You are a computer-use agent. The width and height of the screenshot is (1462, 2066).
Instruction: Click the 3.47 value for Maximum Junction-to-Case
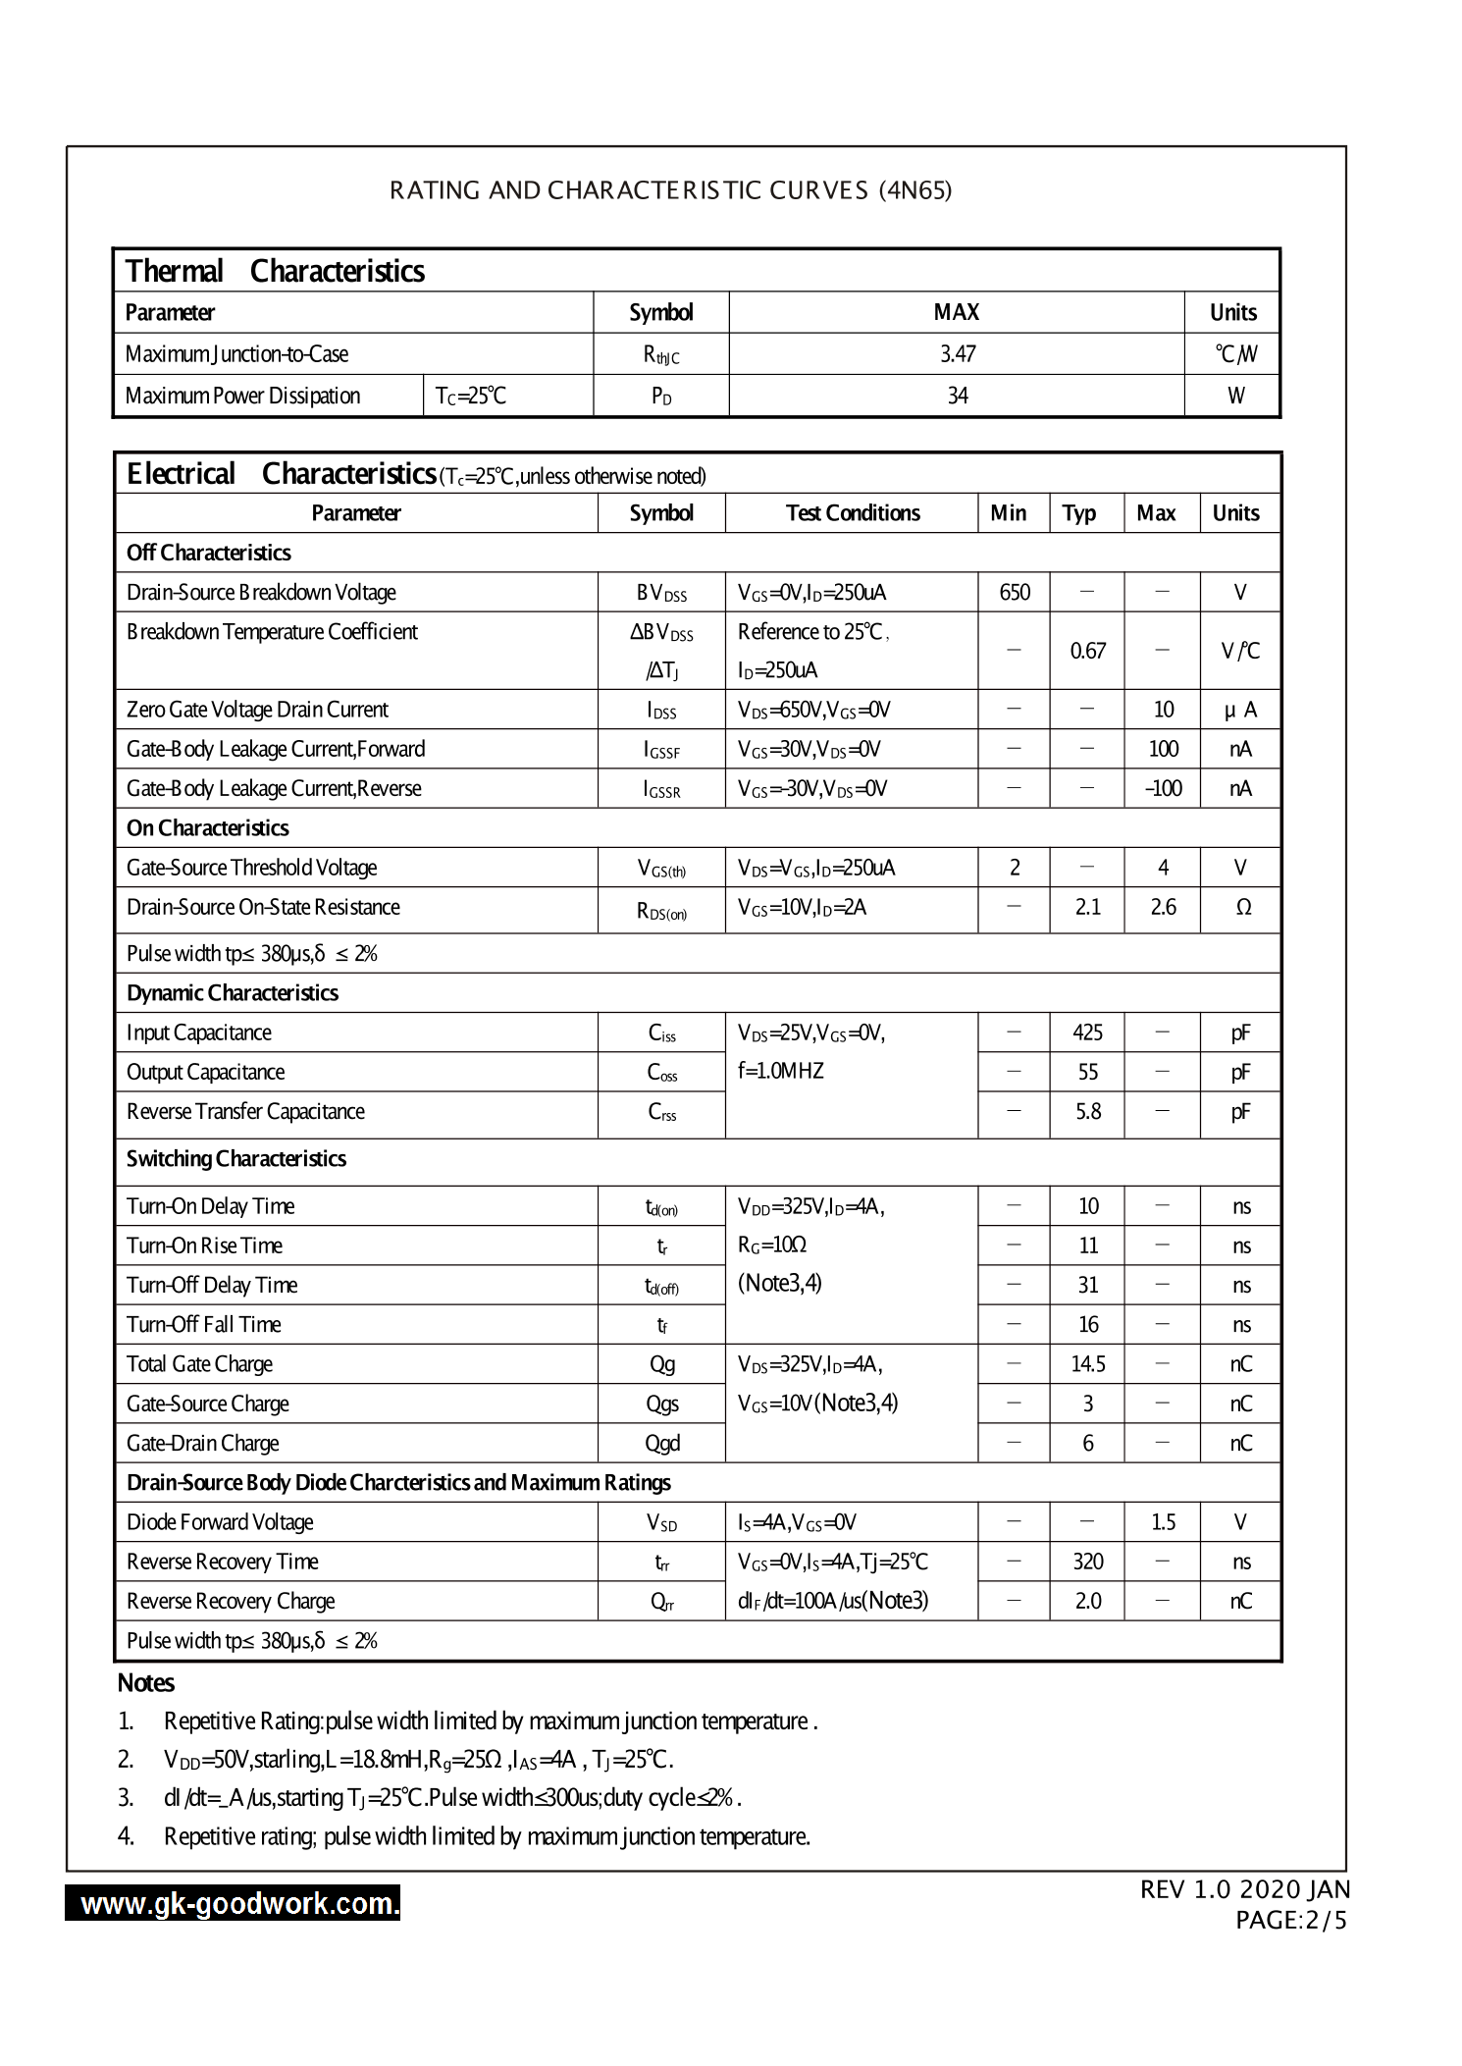coord(957,354)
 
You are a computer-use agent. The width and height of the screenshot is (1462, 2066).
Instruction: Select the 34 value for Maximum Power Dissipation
coord(957,396)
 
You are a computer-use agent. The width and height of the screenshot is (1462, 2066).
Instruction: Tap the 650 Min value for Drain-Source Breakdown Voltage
coord(1014,592)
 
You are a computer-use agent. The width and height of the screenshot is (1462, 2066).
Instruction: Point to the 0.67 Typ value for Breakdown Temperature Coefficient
coord(1087,651)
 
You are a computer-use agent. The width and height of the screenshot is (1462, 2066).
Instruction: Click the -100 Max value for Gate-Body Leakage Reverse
coord(1163,788)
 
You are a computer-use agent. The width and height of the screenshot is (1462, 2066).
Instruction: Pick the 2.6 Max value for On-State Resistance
coord(1163,907)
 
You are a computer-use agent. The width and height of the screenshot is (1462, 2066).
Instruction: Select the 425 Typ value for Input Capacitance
coord(1087,1033)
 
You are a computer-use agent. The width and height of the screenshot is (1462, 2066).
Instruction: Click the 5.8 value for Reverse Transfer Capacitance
coord(1087,1111)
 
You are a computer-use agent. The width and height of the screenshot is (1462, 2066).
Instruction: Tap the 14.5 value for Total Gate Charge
coord(1087,1364)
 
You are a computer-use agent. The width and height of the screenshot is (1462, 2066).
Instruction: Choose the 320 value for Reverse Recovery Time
coord(1087,1562)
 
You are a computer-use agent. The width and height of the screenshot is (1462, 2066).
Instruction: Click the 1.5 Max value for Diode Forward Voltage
coord(1163,1522)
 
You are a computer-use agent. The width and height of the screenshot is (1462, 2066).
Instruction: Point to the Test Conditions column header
coord(852,513)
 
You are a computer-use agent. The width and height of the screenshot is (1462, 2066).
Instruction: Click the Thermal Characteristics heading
coord(275,271)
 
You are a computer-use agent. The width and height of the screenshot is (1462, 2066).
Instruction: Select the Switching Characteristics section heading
coord(235,1159)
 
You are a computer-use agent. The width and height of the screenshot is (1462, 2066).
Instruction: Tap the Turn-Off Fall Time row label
coord(203,1325)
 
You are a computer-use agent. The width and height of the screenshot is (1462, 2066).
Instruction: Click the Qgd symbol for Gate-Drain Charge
coord(661,1444)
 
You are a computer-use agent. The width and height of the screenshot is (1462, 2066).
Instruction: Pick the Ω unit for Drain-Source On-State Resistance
coord(1242,908)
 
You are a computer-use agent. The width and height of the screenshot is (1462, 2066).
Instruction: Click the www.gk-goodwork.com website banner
coord(234,1904)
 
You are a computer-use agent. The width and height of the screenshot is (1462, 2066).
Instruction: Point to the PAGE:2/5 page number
coord(1290,1921)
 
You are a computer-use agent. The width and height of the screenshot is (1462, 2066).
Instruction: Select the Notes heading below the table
coord(145,1683)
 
